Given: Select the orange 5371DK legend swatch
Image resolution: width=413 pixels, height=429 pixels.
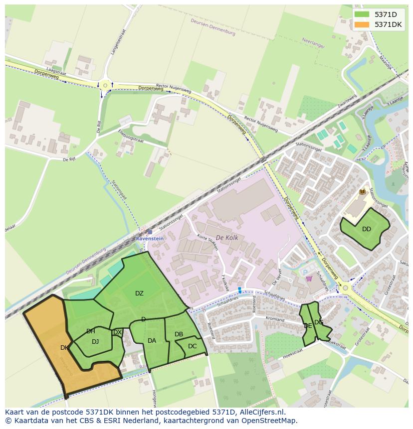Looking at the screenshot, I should coord(362,24).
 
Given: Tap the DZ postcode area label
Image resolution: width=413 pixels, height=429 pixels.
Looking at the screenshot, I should coord(139,293).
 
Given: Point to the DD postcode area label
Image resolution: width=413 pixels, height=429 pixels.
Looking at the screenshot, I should coord(367,229).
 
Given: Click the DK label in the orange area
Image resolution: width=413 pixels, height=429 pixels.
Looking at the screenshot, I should coord(64,348).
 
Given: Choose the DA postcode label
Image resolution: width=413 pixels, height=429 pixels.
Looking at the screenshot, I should coord(152,341).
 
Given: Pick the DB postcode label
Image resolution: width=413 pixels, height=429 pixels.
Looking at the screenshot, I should coord(179,334).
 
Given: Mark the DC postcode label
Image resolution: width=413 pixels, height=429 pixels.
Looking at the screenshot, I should coord(193,346).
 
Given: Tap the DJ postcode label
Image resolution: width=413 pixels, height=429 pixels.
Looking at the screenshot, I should coord(95,342).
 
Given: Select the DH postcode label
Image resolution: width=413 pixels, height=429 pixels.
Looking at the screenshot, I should coord(91,331).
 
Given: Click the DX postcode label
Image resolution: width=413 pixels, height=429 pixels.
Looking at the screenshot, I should coord(118,332).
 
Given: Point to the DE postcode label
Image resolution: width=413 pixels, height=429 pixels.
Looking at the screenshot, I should coord(308,326).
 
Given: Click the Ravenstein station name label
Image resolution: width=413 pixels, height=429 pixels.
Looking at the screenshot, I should coord(150,239).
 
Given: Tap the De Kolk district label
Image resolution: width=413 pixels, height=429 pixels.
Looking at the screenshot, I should coord(227,238).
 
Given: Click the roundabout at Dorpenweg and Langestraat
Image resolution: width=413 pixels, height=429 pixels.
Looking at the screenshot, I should coord(105,86).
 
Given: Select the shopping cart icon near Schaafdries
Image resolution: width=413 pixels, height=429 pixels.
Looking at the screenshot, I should coord(309,279).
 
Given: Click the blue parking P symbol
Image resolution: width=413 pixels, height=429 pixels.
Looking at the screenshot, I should coord(306,272).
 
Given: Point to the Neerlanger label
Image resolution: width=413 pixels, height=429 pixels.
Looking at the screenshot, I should coord(314,43).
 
